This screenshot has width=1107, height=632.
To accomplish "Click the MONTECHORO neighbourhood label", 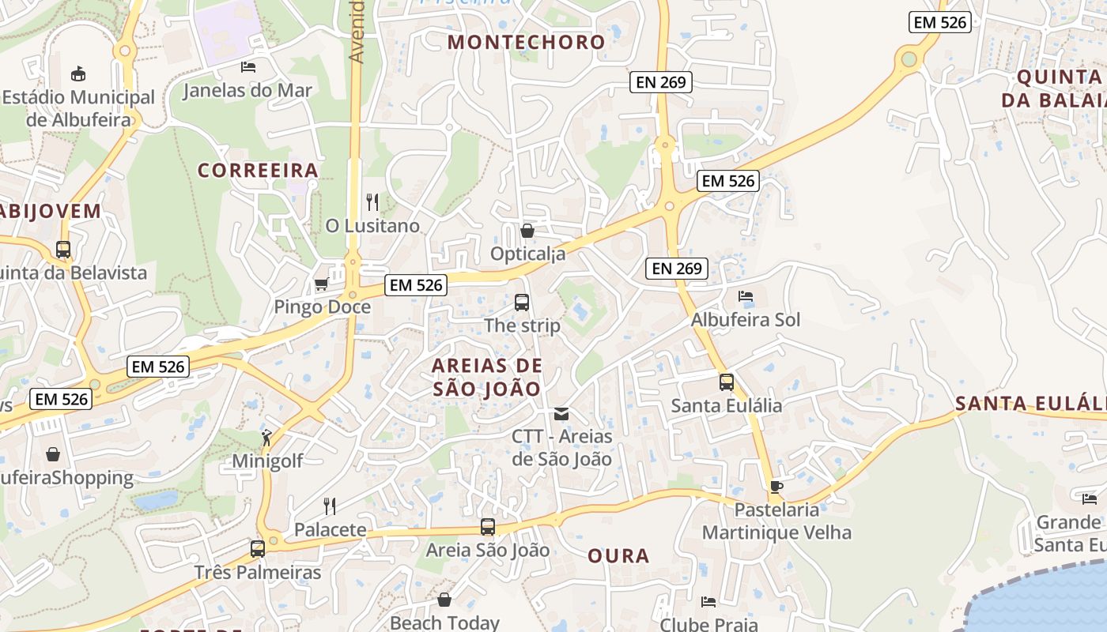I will coord(526,42).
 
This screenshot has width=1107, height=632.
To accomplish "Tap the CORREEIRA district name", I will coord(258,170).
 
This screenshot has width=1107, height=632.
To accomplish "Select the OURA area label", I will coord(618,555).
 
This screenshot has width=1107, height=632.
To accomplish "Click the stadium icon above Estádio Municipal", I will coord(78,74).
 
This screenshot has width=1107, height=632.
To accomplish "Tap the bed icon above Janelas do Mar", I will coord(248,67).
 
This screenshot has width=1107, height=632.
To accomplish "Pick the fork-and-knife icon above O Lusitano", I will coord(372,202).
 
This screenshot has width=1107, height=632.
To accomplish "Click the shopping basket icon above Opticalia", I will coord(527,231).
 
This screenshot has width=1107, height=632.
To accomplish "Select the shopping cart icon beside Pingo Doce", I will coord(321,284).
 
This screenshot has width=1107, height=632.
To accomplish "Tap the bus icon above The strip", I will coord(522,302).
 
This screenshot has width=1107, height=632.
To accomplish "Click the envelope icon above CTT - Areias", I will coord(561,413).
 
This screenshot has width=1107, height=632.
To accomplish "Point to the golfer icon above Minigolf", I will coord(267,438).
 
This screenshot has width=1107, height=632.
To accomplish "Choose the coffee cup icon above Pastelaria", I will coord(776,487).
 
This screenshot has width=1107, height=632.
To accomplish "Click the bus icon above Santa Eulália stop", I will coord(727,382).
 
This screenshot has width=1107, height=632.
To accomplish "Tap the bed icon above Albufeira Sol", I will coord(745,297).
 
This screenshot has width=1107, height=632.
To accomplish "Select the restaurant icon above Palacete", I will coord(330,506).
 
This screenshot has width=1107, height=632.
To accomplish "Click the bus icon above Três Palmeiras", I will coord(258,548).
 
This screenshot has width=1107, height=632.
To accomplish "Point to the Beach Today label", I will coord(444,623).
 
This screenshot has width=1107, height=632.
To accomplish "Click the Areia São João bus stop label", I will coord(488,550).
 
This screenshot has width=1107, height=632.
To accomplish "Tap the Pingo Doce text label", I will coord(322,307).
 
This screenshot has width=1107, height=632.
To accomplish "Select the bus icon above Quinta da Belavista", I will coord(63,250).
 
